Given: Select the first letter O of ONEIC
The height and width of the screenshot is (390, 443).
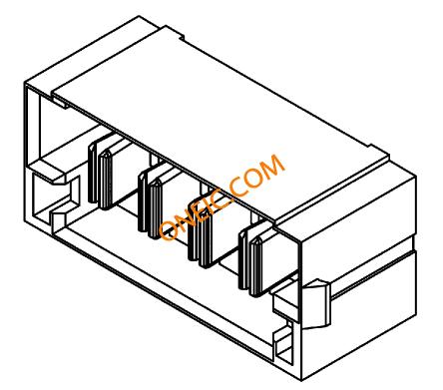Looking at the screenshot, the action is pyautogui.click(x=168, y=230).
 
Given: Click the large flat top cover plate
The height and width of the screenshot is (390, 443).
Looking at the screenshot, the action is pyautogui.click(x=220, y=123).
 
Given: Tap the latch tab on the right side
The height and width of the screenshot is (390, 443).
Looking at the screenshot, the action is pyautogui.click(x=317, y=304).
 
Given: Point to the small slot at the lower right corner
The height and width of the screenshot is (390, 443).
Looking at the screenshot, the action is pyautogui.click(x=285, y=346).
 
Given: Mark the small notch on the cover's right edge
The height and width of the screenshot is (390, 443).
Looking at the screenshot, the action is pyautogui.click(x=372, y=147).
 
